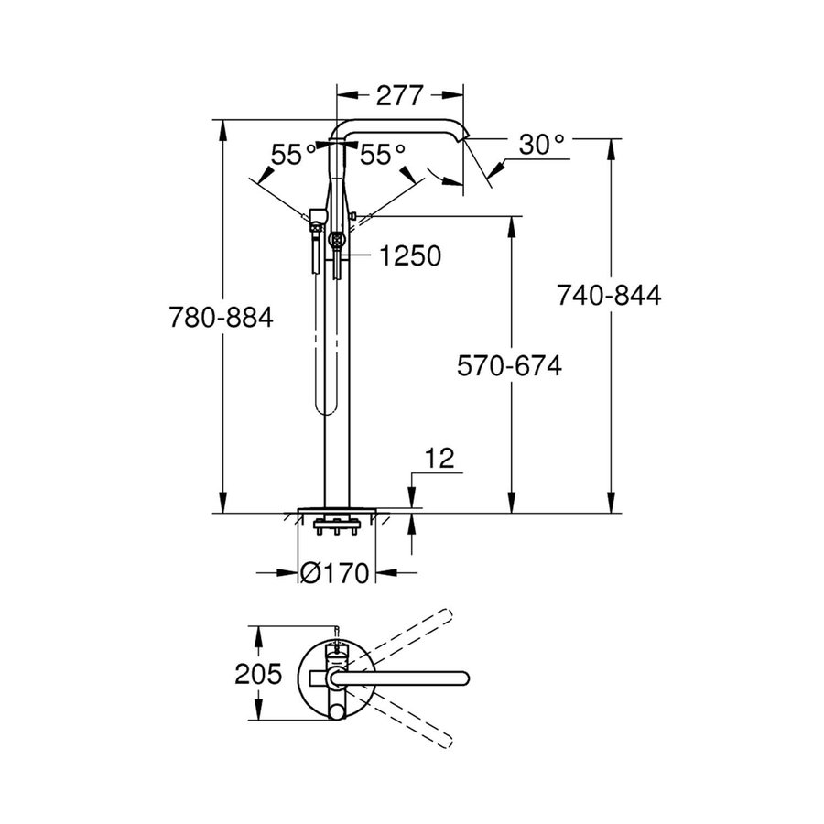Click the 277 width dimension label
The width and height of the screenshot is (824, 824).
399,95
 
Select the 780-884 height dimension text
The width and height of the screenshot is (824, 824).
222,318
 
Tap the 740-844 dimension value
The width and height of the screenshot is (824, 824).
609,295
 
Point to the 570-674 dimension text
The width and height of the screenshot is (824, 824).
509,364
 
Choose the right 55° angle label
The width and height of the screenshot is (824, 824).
382,155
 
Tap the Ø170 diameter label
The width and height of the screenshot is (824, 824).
334,574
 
